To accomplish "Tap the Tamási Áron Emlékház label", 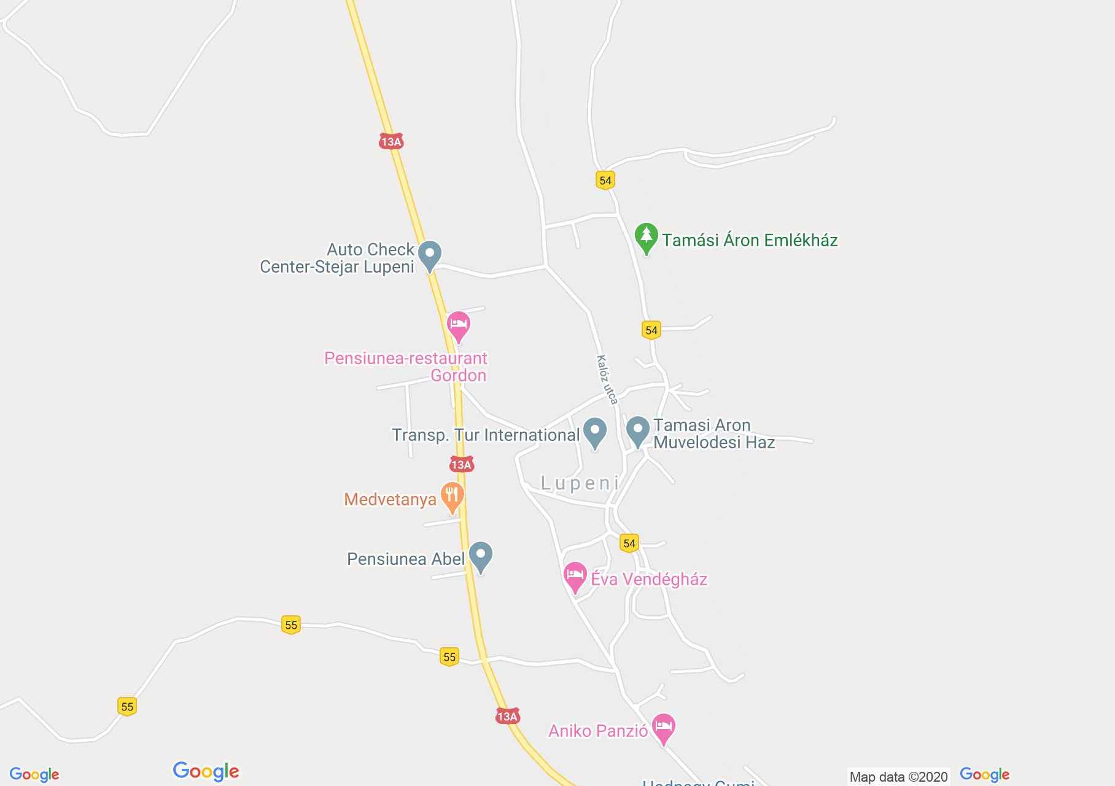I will (x=750, y=240).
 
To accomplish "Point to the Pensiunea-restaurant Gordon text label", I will (x=406, y=367).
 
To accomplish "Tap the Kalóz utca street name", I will (x=607, y=379).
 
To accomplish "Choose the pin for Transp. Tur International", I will (x=594, y=432).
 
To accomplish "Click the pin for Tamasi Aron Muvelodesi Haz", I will (x=637, y=430).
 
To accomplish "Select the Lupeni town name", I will (x=580, y=483).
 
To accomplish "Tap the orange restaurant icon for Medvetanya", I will (x=453, y=496).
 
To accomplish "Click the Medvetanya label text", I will (x=390, y=499).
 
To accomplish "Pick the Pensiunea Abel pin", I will (x=481, y=556).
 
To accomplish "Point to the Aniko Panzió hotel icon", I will (x=663, y=728).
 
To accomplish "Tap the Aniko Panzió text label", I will (x=598, y=731).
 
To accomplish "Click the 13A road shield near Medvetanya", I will (x=461, y=465).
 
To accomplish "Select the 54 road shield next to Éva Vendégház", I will (x=629, y=543).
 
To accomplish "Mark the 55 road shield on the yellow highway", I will (x=449, y=657).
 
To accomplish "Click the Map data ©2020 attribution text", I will (x=898, y=777).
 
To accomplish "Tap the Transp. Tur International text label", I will (x=486, y=435).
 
